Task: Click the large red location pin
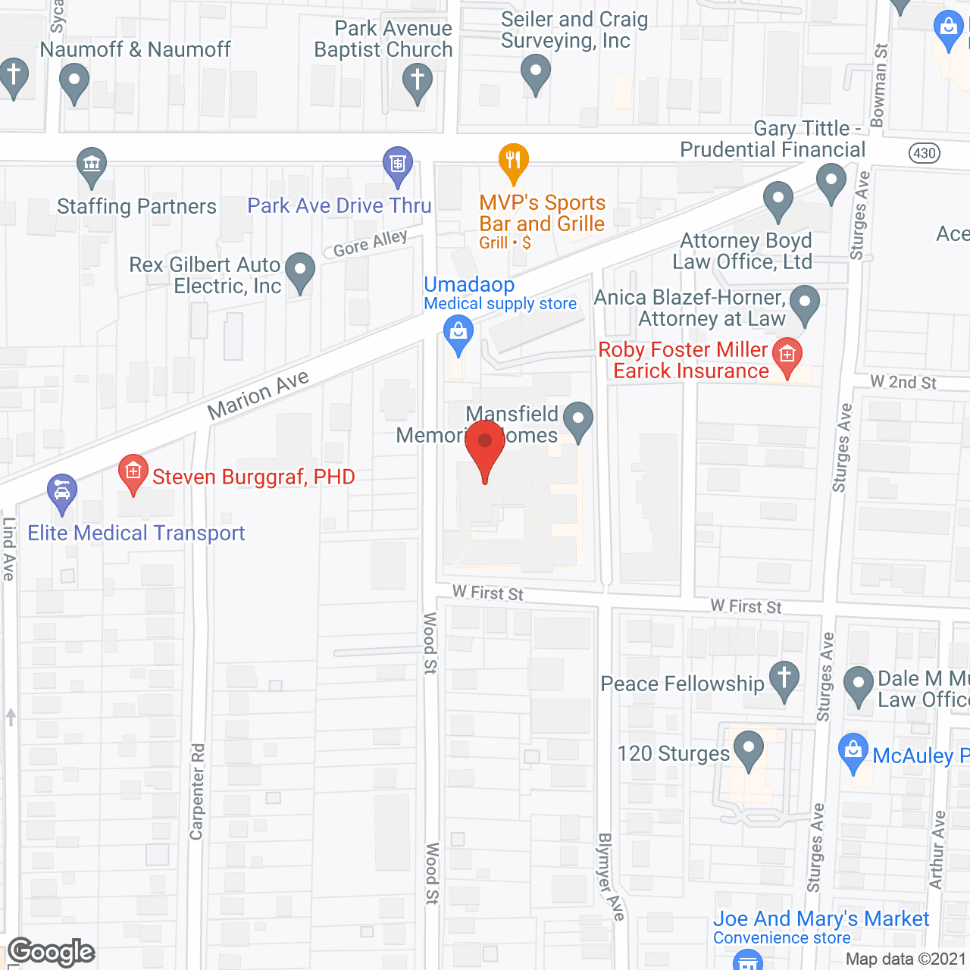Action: [x=485, y=447]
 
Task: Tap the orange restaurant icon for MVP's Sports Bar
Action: [x=514, y=161]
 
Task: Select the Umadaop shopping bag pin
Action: [x=458, y=333]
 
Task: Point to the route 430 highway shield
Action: [x=924, y=153]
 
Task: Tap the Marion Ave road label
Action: [x=258, y=395]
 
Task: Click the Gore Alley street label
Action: [x=371, y=243]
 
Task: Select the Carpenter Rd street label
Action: [x=197, y=792]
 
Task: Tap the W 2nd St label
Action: [x=903, y=382]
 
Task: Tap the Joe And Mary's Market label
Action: [x=821, y=919]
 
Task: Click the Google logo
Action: [x=52, y=952]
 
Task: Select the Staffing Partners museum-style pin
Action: [x=92, y=165]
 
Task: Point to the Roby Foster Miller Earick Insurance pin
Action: [x=787, y=356]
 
